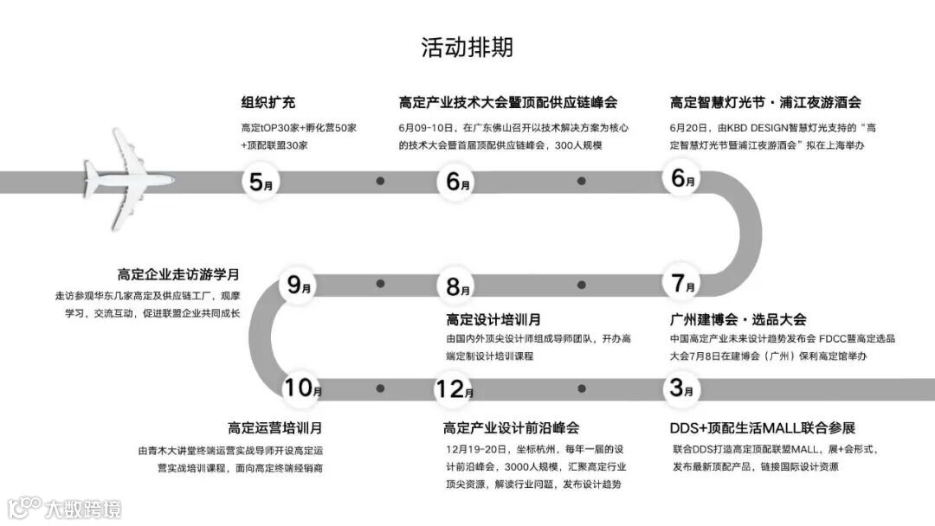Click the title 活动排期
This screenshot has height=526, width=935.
pos(467,47)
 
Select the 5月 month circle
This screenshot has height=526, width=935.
pos(261,182)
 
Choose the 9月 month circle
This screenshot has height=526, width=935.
pos(299,284)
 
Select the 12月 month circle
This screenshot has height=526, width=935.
pos(455,388)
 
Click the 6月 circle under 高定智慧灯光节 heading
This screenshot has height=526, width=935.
pos(683,181)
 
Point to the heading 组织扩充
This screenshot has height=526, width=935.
pos(268,102)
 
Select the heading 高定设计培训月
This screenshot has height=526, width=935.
pos(493,319)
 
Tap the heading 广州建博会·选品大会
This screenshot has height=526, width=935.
pos(738,319)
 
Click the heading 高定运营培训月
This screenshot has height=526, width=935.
pos(275,427)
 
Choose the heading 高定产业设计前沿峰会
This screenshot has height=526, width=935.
pos(511,427)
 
